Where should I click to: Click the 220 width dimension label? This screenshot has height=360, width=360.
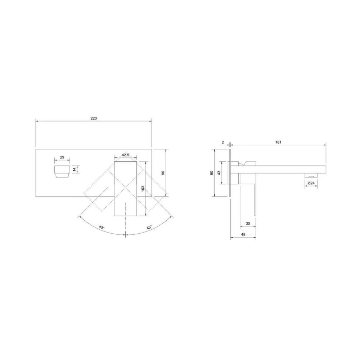pyautogui.click(x=94, y=118)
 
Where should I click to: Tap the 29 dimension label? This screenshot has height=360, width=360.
pyautogui.click(x=62, y=157)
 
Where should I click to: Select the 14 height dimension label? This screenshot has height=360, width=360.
pyautogui.click(x=74, y=170)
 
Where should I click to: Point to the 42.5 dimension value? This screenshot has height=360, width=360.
pyautogui.click(x=125, y=155)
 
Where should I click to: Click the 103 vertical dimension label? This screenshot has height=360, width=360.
pyautogui.click(x=143, y=189)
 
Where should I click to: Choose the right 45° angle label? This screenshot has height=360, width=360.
pyautogui.click(x=149, y=227)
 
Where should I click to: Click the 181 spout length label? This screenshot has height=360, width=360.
pyautogui.click(x=278, y=142)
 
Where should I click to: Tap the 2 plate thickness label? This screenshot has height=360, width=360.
pyautogui.click(x=223, y=142)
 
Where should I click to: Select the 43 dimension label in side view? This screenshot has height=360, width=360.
pyautogui.click(x=219, y=173)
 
